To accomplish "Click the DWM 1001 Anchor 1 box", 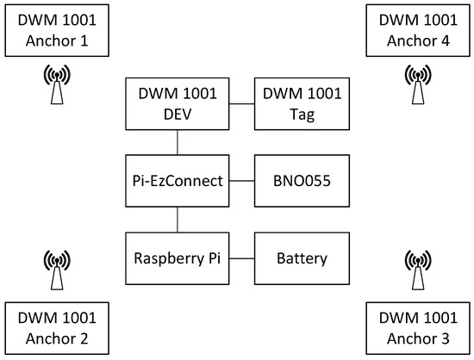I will [55, 30].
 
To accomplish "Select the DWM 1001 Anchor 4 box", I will [417, 30].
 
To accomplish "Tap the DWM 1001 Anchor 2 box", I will [55, 327].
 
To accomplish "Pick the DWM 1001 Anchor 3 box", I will [417, 327].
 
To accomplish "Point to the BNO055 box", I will [302, 181].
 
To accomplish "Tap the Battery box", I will [302, 258].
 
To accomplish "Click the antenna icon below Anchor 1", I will [58, 84].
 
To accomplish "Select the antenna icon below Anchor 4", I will [417, 84].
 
